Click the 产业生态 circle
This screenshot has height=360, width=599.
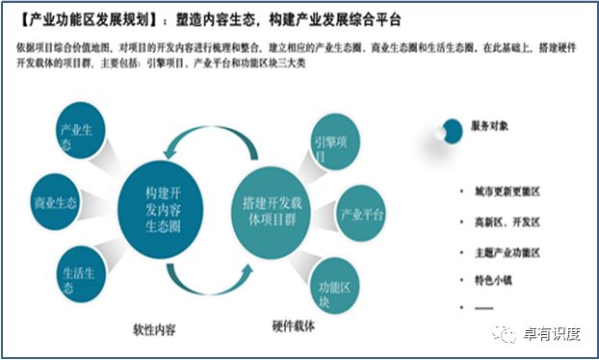pyautogui.click(x=76, y=137)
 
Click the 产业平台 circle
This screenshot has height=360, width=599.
pyautogui.click(x=360, y=214)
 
